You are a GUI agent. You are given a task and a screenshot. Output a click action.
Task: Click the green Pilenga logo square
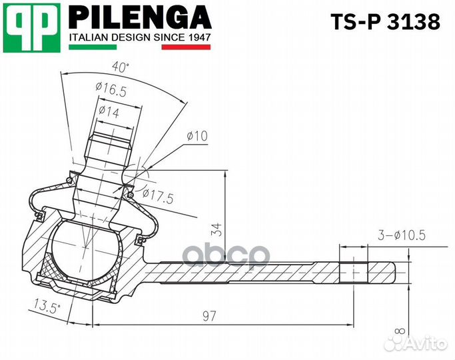click(31, 27)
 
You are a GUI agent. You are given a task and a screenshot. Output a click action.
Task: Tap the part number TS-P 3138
click(386, 23)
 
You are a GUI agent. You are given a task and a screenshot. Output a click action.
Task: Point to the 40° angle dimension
click(120, 67)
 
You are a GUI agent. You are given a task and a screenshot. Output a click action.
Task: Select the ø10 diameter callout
click(197, 135)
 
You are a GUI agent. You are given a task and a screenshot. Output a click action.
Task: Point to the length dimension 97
click(210, 316)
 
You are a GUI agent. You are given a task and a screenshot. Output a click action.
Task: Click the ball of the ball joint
click(83, 250)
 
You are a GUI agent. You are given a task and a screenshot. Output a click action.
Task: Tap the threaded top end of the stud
click(108, 147)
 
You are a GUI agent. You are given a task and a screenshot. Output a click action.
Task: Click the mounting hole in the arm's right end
click(353, 271)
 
